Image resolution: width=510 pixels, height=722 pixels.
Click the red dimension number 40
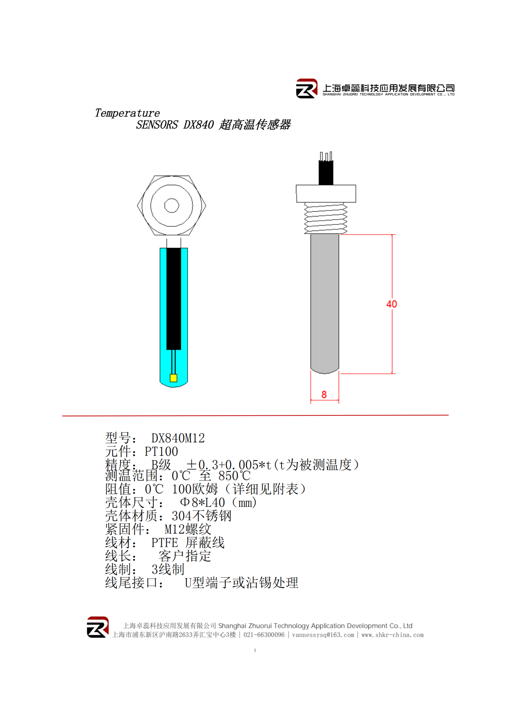[391, 304]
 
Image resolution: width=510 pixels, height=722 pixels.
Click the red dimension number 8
[324, 394]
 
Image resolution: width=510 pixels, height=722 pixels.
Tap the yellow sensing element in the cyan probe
[173, 378]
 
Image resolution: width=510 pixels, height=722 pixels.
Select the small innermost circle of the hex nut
[172, 206]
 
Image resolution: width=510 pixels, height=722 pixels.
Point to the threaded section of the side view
[326, 218]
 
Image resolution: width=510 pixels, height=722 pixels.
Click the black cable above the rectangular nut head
[326, 172]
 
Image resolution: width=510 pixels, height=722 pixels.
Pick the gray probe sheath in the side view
[325, 304]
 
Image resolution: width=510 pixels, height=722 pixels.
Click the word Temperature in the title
[127, 113]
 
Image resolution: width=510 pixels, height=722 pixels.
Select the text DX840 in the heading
[199, 124]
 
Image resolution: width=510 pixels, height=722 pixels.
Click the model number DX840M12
[178, 438]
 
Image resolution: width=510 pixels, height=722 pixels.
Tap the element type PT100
[161, 452]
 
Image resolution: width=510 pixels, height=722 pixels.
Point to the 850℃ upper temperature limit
[234, 476]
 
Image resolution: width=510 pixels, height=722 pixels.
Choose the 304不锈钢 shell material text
[201, 516]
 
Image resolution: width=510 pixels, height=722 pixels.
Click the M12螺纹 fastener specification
[188, 529]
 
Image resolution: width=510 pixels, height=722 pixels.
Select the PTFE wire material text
[165, 543]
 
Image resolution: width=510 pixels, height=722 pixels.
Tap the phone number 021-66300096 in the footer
[264, 635]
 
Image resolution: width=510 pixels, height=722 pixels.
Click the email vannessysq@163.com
[323, 635]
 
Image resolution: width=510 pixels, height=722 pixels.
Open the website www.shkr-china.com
[392, 635]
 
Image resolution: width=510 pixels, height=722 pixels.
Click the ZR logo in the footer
[98, 627]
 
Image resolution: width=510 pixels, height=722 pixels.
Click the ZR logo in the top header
[307, 88]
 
